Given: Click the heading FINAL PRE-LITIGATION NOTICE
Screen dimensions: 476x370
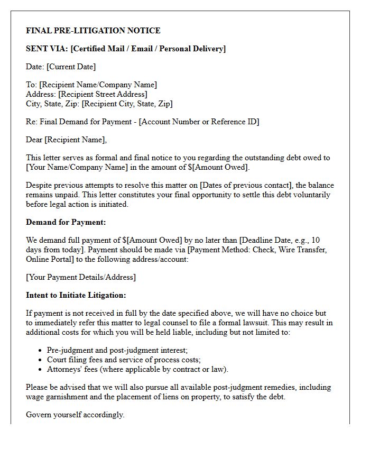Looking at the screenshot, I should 93,31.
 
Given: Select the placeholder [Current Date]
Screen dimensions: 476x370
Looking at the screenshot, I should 71,67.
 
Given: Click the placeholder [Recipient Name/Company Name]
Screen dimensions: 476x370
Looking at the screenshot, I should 98,85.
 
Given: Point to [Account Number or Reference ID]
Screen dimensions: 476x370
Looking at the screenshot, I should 199,122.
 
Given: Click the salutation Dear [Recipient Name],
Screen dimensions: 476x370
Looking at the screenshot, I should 66,140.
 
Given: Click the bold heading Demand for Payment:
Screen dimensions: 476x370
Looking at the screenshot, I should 66,222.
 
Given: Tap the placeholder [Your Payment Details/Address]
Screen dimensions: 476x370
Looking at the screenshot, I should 80,277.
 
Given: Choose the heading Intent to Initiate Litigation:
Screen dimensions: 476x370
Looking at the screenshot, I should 76,295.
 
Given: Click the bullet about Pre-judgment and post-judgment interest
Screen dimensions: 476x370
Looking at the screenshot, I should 117,350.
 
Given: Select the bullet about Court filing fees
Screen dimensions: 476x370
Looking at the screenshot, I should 124,360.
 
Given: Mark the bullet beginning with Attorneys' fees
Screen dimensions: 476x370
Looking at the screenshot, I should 137,369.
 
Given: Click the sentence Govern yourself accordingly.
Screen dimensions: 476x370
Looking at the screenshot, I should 75,415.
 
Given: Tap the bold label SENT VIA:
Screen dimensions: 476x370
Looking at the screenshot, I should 47,49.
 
